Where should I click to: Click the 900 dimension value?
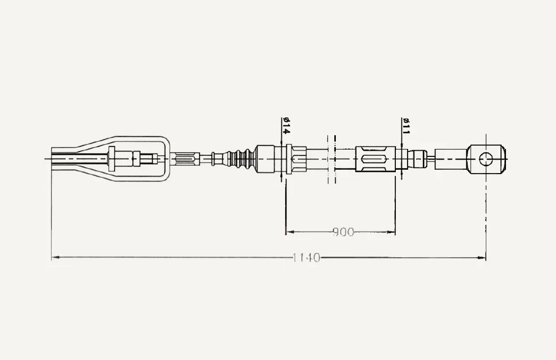pos(343,232)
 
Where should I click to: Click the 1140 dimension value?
pos(306,258)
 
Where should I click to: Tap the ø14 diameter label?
pos(286,126)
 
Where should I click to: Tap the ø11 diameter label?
pos(406,126)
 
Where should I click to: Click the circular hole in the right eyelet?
pos(486,159)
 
